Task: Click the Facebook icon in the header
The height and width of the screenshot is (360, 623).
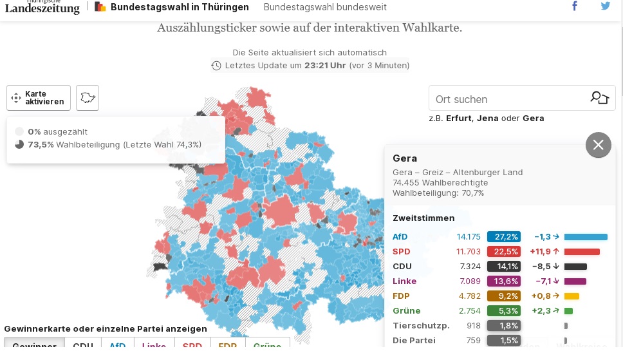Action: click(575, 6)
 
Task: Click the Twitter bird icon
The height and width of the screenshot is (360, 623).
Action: click(606, 6)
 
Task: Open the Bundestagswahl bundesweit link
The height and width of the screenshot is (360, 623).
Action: click(325, 7)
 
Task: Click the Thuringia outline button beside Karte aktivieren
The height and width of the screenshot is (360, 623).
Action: click(88, 98)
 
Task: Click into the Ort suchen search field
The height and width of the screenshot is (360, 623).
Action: click(505, 99)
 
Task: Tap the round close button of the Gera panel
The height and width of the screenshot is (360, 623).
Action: click(598, 145)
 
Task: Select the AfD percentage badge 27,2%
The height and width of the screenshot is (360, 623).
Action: click(503, 236)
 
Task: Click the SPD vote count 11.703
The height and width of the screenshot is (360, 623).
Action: click(469, 251)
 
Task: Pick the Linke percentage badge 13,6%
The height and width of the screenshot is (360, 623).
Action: click(503, 281)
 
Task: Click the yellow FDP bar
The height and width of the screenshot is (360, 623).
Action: click(572, 296)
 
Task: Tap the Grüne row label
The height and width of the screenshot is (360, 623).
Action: click(407, 311)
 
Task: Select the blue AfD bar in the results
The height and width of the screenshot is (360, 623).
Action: click(586, 236)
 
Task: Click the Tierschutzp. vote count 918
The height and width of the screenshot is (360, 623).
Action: click(474, 326)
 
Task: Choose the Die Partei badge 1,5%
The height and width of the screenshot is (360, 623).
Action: click(503, 341)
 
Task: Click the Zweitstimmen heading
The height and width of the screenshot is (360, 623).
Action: click(423, 218)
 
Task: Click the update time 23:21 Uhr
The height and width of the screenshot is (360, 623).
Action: click(325, 66)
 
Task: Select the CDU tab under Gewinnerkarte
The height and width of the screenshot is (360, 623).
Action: click(83, 345)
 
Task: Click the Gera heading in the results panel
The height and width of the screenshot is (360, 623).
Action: click(405, 158)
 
